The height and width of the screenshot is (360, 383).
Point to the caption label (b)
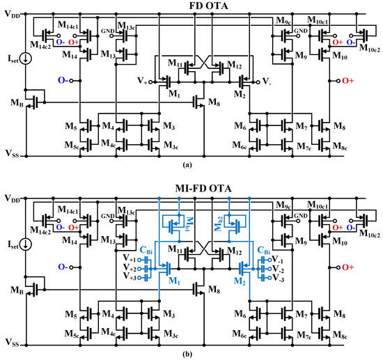[x=191, y=354]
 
